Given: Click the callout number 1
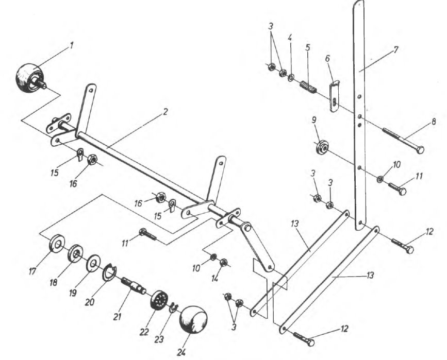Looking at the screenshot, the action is [72, 45].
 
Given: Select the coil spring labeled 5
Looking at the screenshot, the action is [308, 87].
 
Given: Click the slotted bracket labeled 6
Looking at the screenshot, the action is [335, 96].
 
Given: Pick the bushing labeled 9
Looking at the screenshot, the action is [322, 147].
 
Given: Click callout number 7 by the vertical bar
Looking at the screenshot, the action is [395, 50].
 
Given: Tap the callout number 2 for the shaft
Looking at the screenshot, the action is [165, 112].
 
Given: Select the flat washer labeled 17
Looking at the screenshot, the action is [57, 243].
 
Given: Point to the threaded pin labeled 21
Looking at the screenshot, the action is [134, 285].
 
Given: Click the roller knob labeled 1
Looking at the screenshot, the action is [30, 78].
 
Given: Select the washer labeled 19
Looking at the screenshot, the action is [93, 264].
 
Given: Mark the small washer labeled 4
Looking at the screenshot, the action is [291, 77].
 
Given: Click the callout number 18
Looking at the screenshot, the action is [54, 282].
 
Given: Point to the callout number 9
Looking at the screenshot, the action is [314, 120].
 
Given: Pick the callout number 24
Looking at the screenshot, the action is [181, 352].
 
